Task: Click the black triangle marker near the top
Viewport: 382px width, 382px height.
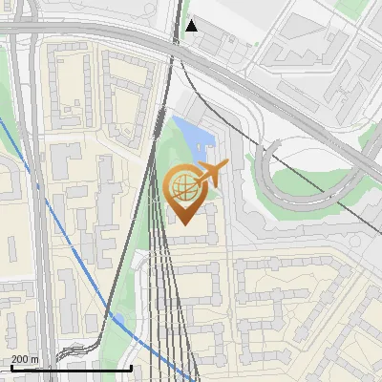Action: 192,25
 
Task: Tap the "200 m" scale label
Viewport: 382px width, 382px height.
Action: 25,359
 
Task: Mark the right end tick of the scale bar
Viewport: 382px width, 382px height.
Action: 131,367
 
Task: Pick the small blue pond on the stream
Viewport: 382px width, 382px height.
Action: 118,319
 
